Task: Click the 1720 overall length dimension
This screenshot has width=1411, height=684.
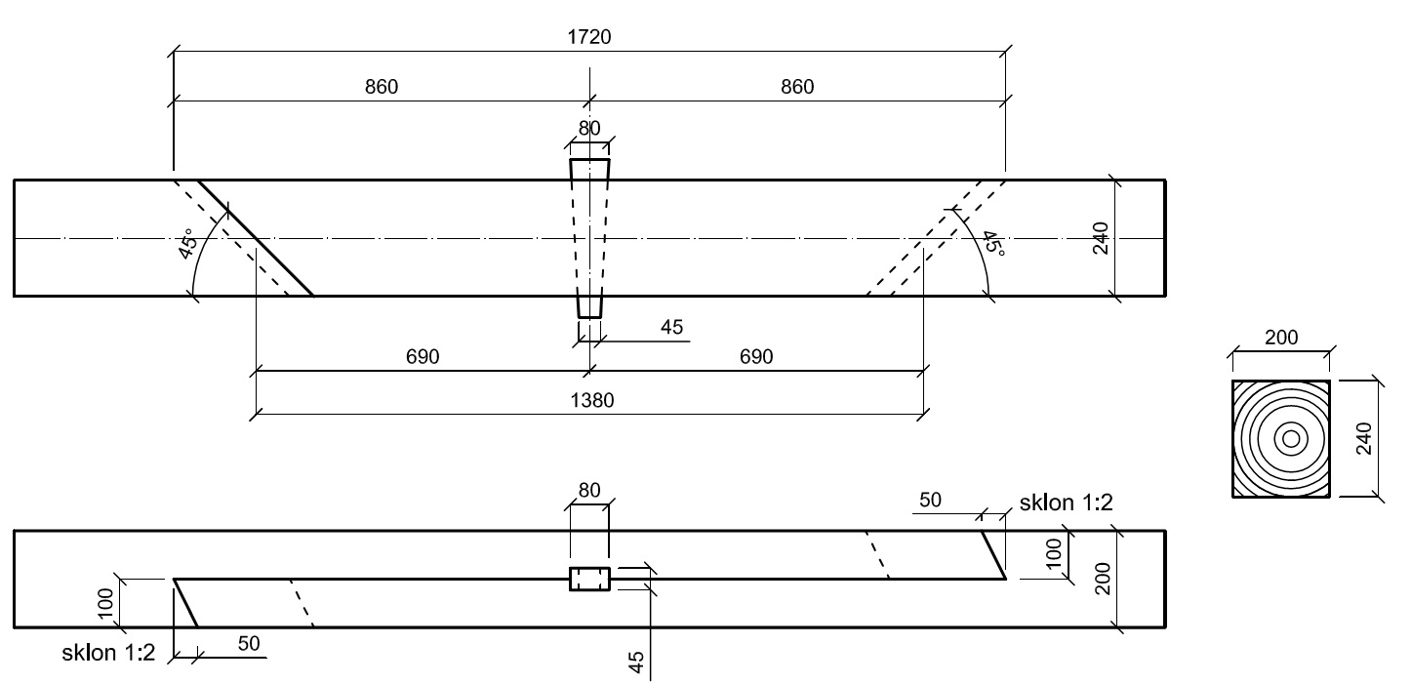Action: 590,38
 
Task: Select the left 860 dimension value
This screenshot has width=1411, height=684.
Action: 382,87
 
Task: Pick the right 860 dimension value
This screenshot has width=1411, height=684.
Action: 796,87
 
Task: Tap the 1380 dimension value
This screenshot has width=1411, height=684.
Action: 589,400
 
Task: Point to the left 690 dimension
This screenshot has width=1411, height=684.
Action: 422,357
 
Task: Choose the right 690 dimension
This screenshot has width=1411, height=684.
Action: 755,357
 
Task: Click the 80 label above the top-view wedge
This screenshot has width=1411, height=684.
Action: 589,128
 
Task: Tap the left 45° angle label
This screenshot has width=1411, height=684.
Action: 187,243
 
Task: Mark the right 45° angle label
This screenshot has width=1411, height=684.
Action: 992,243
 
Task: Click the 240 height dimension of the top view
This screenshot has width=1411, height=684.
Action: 1101,237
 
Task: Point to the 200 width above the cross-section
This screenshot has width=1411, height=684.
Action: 1281,338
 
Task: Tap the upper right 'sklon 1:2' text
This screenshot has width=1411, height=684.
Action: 1067,503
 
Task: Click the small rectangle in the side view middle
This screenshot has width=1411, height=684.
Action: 589,580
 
